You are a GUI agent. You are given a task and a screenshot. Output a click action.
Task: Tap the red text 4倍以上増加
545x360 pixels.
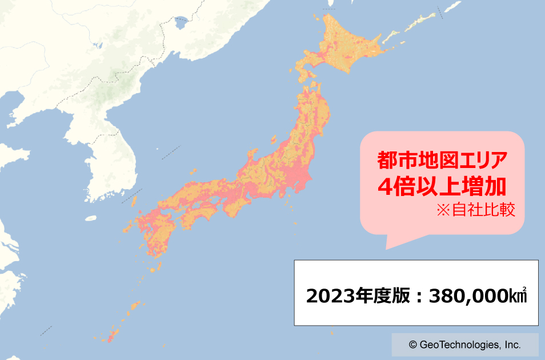[442, 186]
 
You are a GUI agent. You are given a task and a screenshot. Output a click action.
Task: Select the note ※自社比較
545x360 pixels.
[476, 210]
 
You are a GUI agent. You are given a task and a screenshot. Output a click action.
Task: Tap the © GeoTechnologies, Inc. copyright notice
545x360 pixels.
[464, 345]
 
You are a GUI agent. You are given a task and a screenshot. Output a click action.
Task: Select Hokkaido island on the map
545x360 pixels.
[343, 46]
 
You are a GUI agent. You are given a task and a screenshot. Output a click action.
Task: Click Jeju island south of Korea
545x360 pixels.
[91, 218]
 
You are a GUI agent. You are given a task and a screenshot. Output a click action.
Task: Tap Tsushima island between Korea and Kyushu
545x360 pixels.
[133, 198]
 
